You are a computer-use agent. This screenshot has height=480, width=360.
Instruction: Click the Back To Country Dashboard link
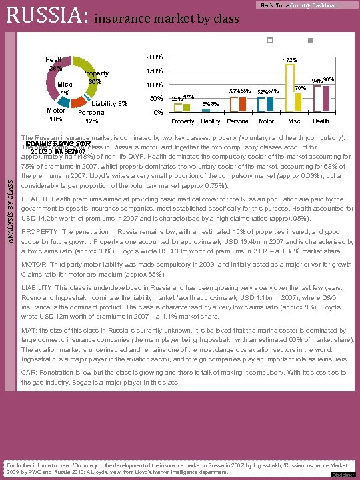pyautogui.click(x=300, y=5)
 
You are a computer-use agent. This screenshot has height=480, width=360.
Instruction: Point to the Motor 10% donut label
pyautogui.click(x=55, y=115)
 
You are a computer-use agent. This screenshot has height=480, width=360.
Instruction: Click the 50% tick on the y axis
pyautogui.click(x=157, y=99)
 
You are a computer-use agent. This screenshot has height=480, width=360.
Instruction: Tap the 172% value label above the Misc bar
pyautogui.click(x=290, y=61)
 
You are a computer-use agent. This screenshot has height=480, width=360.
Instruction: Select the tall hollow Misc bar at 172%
pyautogui.click(x=290, y=88)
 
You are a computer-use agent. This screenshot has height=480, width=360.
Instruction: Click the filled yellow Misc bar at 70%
pyautogui.click(x=298, y=103)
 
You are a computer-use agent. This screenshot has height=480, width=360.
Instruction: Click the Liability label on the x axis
pyautogui.click(x=211, y=121)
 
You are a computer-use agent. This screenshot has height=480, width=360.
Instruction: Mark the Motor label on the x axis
pyautogui.click(x=266, y=121)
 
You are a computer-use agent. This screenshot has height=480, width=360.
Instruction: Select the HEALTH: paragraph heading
pyautogui.click(x=33, y=199)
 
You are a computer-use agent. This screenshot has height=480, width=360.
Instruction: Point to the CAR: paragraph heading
pyautogui.click(x=29, y=373)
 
